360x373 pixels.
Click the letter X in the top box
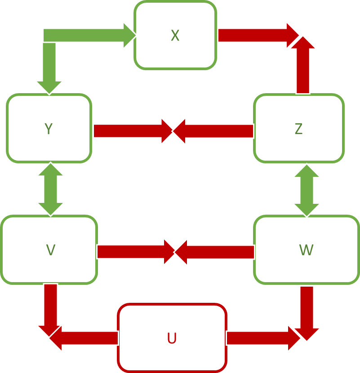pos(175,36)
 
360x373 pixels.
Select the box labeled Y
pos(49,129)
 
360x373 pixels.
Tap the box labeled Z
pos(298,129)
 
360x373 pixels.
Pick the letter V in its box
pos(50,250)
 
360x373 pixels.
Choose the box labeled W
pos(306,250)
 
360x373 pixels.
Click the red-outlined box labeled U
pos(172,338)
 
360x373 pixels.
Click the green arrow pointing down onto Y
pos(49,67)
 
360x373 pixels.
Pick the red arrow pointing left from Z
pos(213,131)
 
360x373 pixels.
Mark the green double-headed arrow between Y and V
pos(50,189)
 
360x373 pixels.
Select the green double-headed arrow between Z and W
pos(307,190)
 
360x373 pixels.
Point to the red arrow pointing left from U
pos(85,338)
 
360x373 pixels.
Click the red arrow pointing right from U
pos(261,338)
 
